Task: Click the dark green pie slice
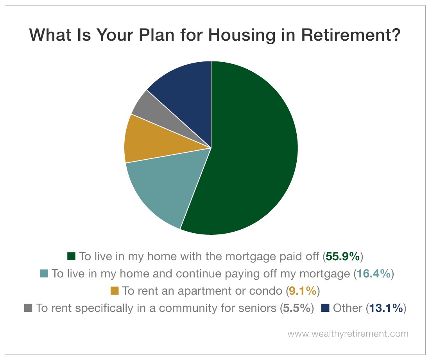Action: pyautogui.click(x=252, y=148)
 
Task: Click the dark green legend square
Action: pyautogui.click(x=71, y=256)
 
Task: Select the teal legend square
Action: pyautogui.click(x=44, y=274)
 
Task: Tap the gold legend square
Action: pyautogui.click(x=115, y=291)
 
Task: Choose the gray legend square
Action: pyautogui.click(x=28, y=308)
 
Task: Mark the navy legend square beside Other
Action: pyautogui.click(x=325, y=308)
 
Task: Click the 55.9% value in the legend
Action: pyautogui.click(x=342, y=256)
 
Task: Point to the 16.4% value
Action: pyautogui.click(x=373, y=274)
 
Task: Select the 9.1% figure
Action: pyautogui.click(x=303, y=291)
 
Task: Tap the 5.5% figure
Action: pyautogui.click(x=297, y=308)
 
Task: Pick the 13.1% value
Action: pyautogui.click(x=386, y=308)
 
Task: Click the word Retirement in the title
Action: pyautogui.click(x=351, y=34)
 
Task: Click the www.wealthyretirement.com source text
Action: pyautogui.click(x=348, y=334)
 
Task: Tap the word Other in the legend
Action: pyautogui.click(x=348, y=308)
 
